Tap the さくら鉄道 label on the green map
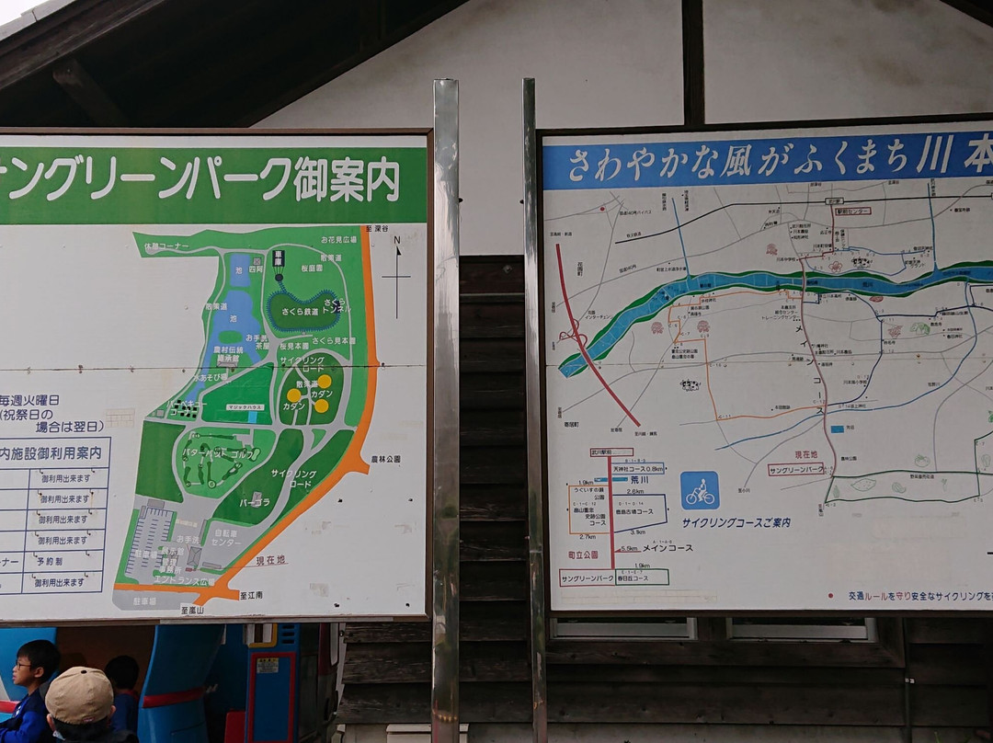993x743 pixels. click(x=299, y=312)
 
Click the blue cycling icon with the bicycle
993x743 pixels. click(x=700, y=490)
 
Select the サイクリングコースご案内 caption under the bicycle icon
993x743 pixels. click(x=736, y=522)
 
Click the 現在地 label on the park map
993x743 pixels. click(x=271, y=560)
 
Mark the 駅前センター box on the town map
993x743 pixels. click(x=852, y=211)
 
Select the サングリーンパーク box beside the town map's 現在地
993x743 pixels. click(x=796, y=469)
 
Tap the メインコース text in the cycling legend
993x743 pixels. click(x=668, y=548)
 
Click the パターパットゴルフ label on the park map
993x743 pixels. click(x=219, y=454)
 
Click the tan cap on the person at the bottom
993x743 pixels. click(x=79, y=695)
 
